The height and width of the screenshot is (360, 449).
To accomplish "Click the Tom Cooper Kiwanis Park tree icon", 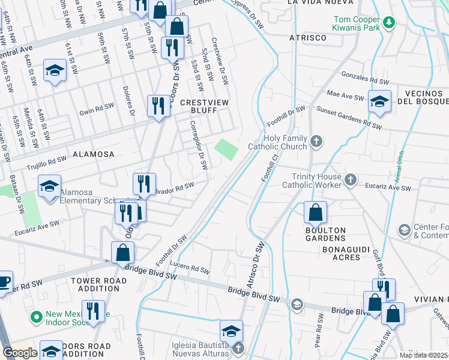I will [x=390, y=23].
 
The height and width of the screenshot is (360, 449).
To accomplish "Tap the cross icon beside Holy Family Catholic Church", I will [x=316, y=142].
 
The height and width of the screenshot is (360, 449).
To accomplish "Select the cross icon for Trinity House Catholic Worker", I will [x=351, y=179].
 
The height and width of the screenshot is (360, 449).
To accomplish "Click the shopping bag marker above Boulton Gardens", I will [x=315, y=213].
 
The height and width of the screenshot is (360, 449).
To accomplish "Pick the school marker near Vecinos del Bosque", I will [x=379, y=101].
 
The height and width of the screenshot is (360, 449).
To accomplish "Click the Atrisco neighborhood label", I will [x=307, y=37].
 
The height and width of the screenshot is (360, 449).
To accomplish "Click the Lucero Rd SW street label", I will [x=192, y=269].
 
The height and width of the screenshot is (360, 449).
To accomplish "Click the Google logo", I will [x=19, y=353].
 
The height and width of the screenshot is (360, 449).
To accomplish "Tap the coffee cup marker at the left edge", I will [x=4, y=282].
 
